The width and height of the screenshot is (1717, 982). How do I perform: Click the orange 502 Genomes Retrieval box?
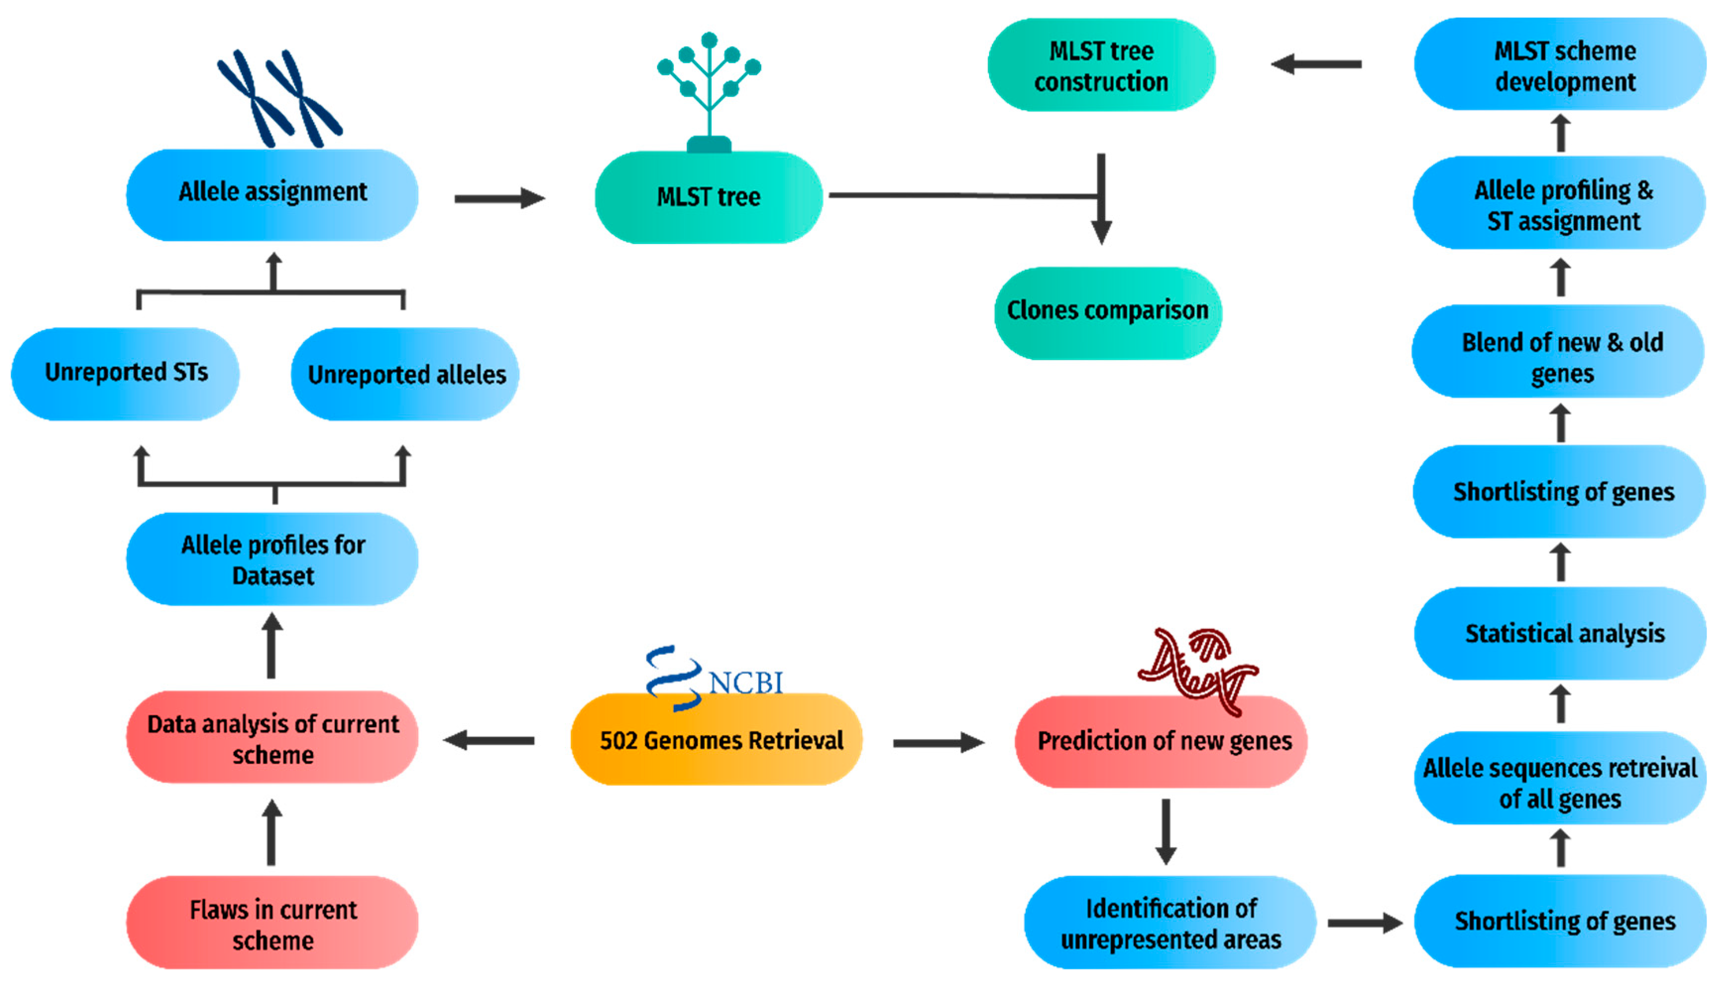pyautogui.click(x=716, y=740)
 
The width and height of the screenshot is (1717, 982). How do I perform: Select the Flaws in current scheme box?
pyautogui.click(x=273, y=924)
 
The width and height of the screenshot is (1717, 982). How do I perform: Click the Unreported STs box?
pyautogui.click(x=125, y=373)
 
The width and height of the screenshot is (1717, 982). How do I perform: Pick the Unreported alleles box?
pyautogui.click(x=405, y=374)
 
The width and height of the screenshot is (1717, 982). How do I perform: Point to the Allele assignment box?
pyautogui.click(x=273, y=193)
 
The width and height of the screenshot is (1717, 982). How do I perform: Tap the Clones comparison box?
pyautogui.click(x=1107, y=312)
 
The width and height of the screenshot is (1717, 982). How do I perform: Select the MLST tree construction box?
pyautogui.click(x=1101, y=65)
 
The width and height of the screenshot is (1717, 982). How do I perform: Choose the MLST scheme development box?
pyautogui.click(x=1563, y=65)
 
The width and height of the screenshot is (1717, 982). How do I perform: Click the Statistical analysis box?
pyautogui.click(x=1563, y=634)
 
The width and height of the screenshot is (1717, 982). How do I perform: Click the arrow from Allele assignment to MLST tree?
pyautogui.click(x=499, y=198)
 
